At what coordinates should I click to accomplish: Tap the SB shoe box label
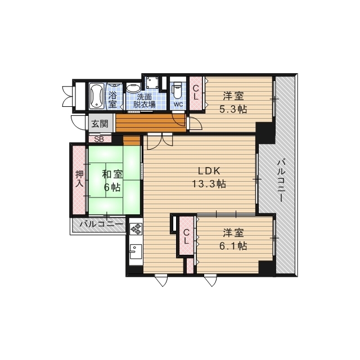99,138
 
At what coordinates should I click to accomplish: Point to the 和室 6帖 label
112,181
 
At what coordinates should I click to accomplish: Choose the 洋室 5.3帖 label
232,102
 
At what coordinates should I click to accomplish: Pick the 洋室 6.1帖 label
232,239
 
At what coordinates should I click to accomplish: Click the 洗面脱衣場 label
144,100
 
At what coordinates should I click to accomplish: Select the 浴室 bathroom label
113,99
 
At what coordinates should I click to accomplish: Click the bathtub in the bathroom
96,96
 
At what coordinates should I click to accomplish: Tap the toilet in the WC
178,90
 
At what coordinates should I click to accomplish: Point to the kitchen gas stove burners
136,229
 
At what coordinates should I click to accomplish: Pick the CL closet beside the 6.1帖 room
186,237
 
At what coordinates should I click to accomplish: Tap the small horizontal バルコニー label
101,224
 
